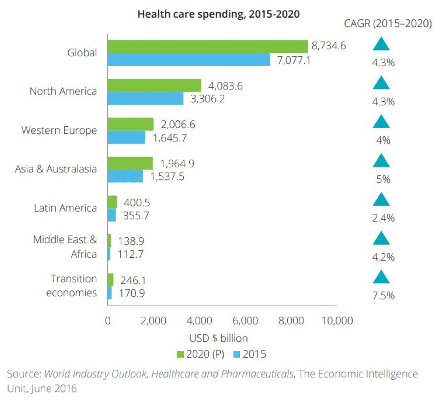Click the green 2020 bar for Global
208,46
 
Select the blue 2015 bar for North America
146,99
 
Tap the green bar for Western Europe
131,124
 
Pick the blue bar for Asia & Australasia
125,176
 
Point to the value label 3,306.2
208,99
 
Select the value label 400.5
137,203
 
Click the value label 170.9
132,293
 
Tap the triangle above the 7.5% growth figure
381,277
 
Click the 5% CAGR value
383,179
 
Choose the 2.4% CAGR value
383,218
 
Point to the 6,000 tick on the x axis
245,321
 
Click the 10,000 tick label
337,321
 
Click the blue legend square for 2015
236,354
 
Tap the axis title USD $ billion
218,338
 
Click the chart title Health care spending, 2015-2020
218,14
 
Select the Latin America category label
65,208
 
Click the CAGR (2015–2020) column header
388,24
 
